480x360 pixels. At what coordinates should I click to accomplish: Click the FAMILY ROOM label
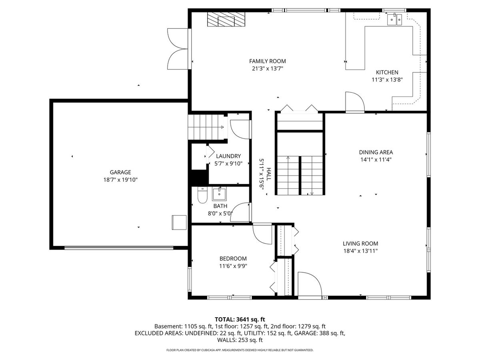coord(267,61)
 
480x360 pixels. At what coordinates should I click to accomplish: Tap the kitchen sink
coord(394,20)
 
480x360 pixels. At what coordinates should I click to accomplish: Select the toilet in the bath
coord(202,195)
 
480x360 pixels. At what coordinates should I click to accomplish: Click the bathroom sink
coord(219,194)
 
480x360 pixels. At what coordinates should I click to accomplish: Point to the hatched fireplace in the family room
coord(226,19)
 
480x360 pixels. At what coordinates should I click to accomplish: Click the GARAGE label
coord(120,172)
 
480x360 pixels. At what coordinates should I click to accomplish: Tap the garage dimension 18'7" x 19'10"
coord(120,180)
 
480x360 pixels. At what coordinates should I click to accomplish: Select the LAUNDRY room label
coord(228,156)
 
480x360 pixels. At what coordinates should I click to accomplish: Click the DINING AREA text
coord(376,152)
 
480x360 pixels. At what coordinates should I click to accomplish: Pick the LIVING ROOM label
coord(360,244)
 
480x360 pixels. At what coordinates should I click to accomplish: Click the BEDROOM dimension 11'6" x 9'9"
coord(233,266)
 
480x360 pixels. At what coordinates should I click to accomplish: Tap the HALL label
coord(268,174)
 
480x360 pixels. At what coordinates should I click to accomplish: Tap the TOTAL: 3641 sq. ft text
coord(240,320)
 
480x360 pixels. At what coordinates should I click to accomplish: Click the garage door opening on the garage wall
coord(119,248)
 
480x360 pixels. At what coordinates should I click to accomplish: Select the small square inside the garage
coord(179,222)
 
